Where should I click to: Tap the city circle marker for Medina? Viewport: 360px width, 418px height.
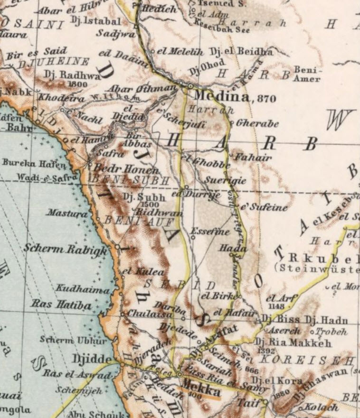[x=190, y=86]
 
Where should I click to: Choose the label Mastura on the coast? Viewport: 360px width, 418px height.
[x=67, y=213]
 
